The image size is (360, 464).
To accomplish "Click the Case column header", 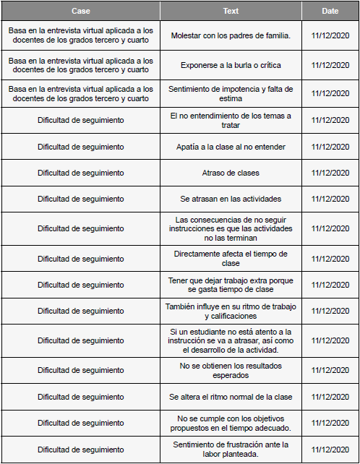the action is point(81,11).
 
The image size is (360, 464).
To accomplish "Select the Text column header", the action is point(231,11).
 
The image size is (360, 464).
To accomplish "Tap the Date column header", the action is point(330,11).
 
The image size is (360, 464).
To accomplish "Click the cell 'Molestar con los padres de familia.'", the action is point(231,35).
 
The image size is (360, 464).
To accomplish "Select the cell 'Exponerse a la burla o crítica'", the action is point(231,65).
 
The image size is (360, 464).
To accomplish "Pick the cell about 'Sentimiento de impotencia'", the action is point(231,93).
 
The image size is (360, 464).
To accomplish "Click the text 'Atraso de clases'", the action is point(231,173).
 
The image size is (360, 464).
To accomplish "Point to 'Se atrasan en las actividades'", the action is point(231,199).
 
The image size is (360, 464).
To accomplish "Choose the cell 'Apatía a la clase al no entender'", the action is point(231,147).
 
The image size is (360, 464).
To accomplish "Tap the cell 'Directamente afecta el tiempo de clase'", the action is point(231,258).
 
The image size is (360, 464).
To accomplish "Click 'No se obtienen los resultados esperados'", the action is point(231,370).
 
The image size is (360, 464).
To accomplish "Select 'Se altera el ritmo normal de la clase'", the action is point(231,397).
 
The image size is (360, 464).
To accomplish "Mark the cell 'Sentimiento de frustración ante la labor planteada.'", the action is point(231,449).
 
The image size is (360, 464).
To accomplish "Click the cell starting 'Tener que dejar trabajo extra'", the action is point(231,285).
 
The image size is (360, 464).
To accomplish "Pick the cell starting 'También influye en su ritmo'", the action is point(231,311).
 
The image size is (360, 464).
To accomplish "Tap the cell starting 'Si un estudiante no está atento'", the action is point(231,340).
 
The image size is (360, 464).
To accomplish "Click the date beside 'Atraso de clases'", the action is point(330,173).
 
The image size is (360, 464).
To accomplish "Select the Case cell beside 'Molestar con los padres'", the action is point(81,35).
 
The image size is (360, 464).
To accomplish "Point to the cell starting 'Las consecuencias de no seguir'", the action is point(231,228).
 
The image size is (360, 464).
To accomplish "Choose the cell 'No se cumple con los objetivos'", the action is point(231,423).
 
